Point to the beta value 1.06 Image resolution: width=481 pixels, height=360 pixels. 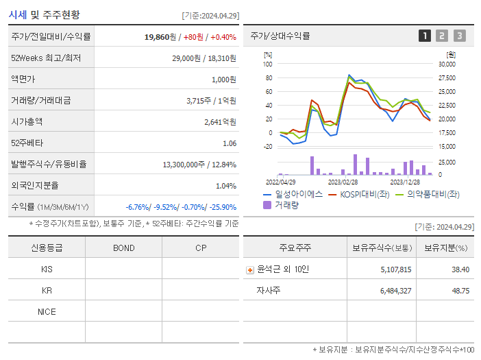[230, 143]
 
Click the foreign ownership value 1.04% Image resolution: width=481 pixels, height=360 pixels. [225, 186]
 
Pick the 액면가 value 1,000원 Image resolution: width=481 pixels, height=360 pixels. [224, 80]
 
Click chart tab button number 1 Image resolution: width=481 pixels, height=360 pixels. [425, 36]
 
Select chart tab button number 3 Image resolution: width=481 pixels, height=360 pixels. [459, 36]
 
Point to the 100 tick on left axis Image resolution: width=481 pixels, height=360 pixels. [268, 64]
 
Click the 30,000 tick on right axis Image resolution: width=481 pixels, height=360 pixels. [446, 64]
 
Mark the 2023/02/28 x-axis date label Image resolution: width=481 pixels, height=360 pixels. [343, 182]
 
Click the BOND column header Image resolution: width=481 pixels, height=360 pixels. [123, 248]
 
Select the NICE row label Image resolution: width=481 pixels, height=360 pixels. [47, 311]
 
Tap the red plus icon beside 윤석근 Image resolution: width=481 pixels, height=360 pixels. [250, 269]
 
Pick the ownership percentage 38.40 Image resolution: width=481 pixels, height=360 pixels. [460, 269]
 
